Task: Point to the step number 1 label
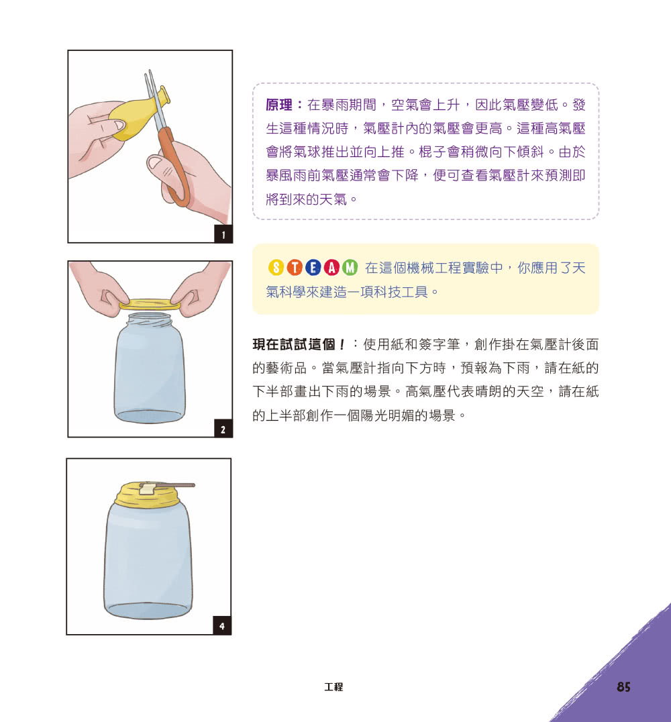tap(223, 234)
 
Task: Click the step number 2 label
tap(223, 429)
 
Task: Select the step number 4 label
tap(222, 627)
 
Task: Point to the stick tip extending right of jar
tap(192, 484)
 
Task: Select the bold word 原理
tap(279, 105)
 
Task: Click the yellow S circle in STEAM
tap(276, 268)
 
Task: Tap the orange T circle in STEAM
tap(295, 268)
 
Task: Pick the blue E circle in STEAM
tap(313, 268)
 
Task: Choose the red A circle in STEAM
tap(332, 268)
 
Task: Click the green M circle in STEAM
tap(350, 268)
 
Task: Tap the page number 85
tap(623, 687)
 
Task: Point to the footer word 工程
tap(333, 687)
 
